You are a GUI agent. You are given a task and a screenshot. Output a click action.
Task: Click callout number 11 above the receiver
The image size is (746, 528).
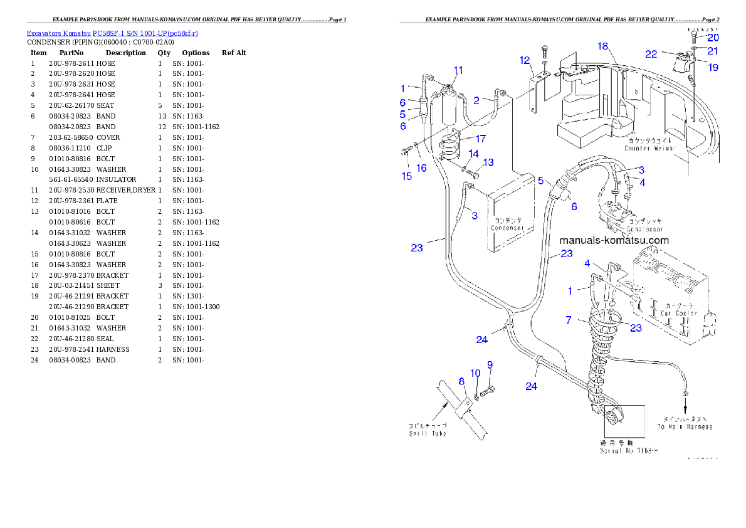[458, 70]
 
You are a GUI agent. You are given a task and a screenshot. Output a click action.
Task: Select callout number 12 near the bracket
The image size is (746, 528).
[525, 60]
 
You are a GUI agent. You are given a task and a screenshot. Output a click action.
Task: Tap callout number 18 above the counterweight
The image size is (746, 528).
[603, 46]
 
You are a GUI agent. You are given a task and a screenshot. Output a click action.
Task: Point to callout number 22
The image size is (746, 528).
[651, 54]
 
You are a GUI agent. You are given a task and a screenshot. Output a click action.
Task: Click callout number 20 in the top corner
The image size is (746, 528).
[713, 38]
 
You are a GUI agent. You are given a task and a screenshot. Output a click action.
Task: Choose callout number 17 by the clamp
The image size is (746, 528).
[480, 138]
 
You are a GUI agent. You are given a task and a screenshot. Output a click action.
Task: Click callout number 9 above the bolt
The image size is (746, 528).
[490, 364]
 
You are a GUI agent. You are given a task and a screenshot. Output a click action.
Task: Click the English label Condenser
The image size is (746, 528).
[507, 228]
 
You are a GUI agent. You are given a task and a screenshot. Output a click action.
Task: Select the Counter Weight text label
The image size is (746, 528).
[649, 149]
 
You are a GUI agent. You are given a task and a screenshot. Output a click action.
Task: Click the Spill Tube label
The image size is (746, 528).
[428, 433]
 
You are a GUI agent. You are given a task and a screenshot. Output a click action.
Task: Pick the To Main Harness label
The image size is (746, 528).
[685, 426]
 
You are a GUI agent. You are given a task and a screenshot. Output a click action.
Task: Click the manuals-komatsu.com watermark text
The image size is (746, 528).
[614, 241]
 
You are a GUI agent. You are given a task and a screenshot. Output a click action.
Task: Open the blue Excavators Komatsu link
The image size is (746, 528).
[112, 33]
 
